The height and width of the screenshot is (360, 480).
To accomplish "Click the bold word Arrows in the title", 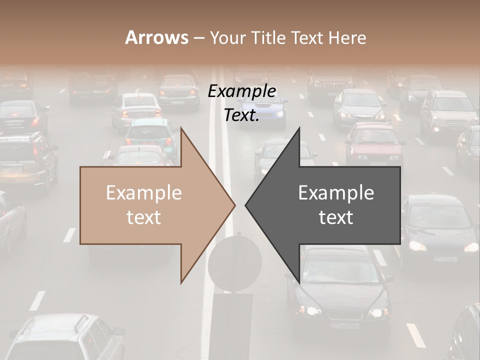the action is coord(156,37).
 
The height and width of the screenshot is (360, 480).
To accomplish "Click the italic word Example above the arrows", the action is coord(242,91).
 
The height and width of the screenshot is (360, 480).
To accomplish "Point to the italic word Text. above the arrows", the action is coord(242,115).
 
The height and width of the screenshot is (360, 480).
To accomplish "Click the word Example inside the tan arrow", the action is coord(144,193).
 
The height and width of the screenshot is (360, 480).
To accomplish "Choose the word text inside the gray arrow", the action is coord(336,217).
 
